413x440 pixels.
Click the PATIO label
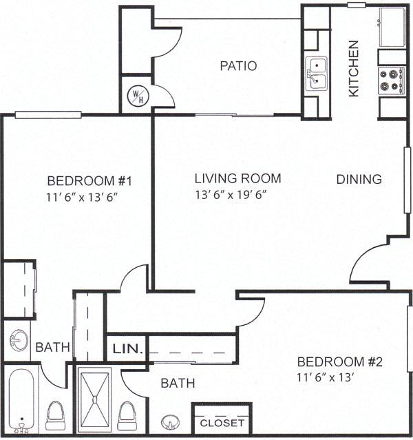point(238,66)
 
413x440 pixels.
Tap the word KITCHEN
point(354,68)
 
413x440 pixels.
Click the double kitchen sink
point(316,74)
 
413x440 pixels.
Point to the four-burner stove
point(392,80)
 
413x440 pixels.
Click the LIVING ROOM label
point(237,178)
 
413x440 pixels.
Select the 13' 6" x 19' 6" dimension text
point(231,194)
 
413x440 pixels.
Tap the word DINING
point(359,179)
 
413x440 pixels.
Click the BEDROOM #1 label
point(89,181)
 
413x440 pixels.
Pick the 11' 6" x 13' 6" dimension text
point(89,196)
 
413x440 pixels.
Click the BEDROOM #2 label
point(339,362)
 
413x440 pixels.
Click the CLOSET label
point(222,422)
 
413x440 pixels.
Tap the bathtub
point(22,400)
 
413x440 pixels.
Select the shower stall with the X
point(94,400)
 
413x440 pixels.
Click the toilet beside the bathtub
point(55,415)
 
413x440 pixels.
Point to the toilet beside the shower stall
point(127,415)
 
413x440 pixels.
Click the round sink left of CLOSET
point(169,422)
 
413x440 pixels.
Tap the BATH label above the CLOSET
point(178,383)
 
